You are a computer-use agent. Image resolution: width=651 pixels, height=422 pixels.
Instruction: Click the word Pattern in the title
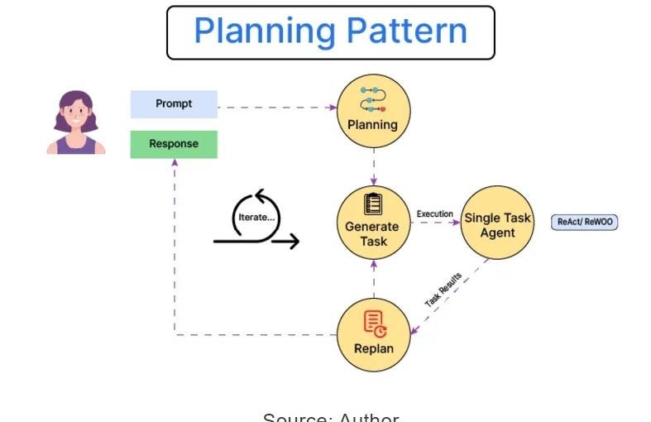[407, 31]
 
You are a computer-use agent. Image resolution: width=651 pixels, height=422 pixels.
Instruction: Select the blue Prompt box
[174, 104]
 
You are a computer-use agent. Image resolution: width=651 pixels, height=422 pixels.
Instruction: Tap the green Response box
[174, 144]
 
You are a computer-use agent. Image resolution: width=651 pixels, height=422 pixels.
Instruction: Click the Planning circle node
[373, 111]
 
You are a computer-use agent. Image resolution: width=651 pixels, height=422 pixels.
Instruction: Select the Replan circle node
[373, 334]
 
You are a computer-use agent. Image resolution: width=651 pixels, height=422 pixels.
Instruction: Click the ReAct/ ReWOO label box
[585, 222]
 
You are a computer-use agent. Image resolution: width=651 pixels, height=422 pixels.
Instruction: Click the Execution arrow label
[434, 213]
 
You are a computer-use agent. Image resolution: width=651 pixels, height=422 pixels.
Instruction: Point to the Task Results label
[443, 290]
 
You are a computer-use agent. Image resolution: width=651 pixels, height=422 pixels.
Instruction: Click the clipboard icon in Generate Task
[373, 204]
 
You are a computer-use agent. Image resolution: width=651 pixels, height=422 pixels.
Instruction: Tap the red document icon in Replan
[374, 324]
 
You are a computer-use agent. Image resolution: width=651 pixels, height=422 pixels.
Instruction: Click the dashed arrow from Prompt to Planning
[277, 108]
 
